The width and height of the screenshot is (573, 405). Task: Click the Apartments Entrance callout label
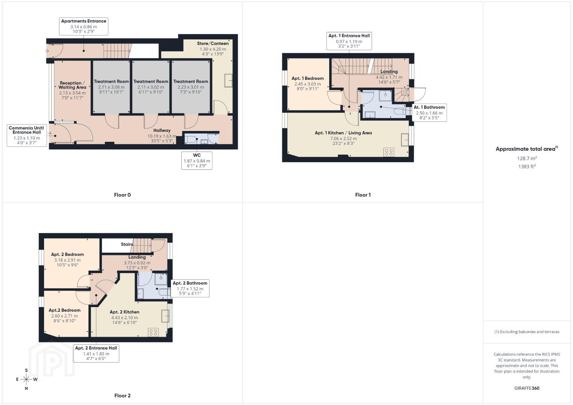click(x=84, y=26)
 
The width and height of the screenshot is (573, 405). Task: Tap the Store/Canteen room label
click(x=213, y=43)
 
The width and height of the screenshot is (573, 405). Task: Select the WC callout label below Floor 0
click(x=197, y=160)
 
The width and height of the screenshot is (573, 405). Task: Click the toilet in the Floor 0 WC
click(x=191, y=139)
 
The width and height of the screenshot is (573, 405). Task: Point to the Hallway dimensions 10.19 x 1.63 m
click(x=162, y=136)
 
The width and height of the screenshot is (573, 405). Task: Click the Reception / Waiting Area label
click(x=72, y=85)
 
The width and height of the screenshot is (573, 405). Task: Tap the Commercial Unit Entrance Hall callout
click(x=27, y=135)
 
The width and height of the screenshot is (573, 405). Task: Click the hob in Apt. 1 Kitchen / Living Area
click(x=389, y=152)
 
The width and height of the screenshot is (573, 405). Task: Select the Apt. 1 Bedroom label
click(x=308, y=78)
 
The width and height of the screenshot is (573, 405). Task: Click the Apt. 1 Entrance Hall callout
click(x=349, y=41)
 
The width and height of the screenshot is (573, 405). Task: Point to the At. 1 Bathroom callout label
click(x=429, y=112)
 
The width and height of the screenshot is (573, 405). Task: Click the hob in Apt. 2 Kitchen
click(x=153, y=332)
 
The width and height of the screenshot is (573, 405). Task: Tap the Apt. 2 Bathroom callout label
click(x=190, y=288)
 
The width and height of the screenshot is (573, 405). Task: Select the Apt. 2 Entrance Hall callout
click(x=96, y=353)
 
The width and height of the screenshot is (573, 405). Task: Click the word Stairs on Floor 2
click(x=127, y=244)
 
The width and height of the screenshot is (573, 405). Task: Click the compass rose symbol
click(x=26, y=379)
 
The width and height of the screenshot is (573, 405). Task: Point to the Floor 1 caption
click(x=363, y=195)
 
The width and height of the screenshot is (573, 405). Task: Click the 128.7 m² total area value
click(x=527, y=158)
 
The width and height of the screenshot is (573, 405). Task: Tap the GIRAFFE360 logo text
click(x=527, y=388)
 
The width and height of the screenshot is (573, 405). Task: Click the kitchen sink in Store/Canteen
click(x=228, y=81)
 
